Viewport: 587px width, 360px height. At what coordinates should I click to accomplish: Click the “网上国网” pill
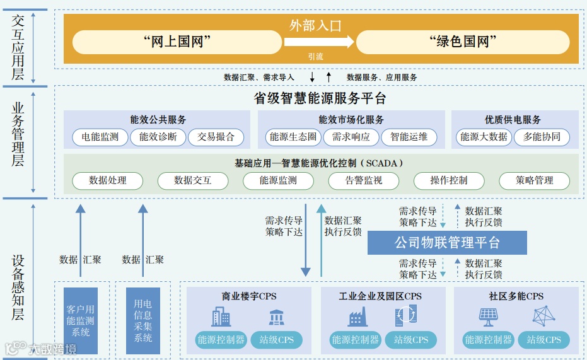coord(177,42)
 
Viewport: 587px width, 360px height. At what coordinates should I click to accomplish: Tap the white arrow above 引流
coord(318,42)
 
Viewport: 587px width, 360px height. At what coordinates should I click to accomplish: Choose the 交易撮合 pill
coord(216,137)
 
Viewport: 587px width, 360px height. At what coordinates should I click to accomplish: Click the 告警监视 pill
coord(363,180)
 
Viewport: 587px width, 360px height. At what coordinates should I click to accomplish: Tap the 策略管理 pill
coord(534,180)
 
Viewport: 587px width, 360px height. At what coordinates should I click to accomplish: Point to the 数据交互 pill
coord(193,180)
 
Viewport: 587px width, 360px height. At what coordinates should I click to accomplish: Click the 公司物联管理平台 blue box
coord(447,243)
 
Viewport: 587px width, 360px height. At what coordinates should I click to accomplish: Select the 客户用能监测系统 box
coord(81,320)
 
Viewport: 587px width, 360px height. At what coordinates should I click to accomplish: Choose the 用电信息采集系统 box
coord(143,320)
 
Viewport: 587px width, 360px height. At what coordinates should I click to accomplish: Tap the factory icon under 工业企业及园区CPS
coord(357,316)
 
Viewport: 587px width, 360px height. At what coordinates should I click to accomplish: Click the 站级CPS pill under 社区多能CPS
coord(543,340)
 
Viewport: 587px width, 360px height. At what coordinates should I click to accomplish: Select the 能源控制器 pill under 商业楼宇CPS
coord(221,340)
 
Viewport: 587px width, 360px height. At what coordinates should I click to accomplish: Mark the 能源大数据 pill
coord(484,137)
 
